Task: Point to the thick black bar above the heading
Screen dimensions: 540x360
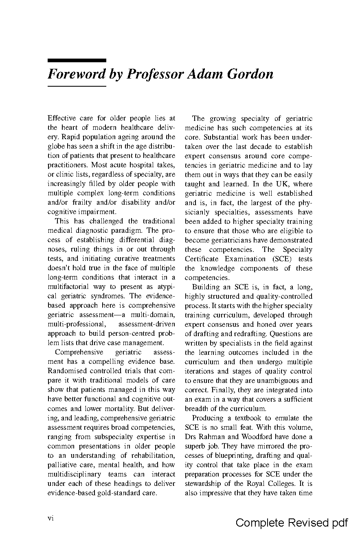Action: click(77, 60)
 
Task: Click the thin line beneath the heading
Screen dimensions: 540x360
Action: click(77, 86)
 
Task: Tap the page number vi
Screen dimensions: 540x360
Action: click(51, 518)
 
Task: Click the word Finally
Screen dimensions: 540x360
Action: click(211, 390)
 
